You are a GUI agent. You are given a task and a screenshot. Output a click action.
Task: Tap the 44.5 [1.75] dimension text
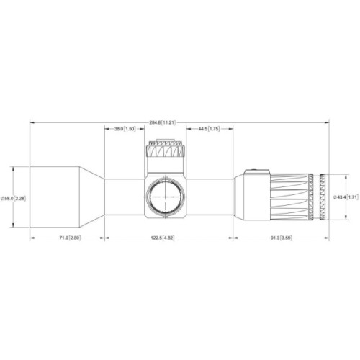204,129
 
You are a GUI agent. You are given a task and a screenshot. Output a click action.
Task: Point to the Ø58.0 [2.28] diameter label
14,197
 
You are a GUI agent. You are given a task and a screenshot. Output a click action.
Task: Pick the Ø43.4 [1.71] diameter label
346,197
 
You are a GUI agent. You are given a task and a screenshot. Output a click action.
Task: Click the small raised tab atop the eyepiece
253,171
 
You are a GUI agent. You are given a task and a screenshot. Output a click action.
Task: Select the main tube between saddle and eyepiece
211,197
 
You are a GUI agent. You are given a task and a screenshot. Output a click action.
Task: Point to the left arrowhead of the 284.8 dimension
32,122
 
